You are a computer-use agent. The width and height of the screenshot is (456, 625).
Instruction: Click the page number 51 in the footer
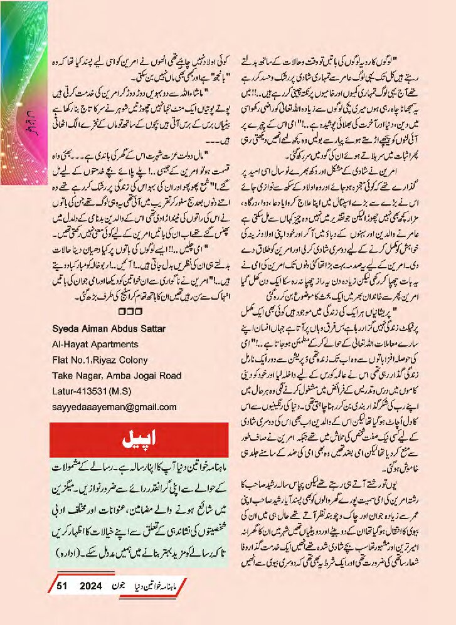61,586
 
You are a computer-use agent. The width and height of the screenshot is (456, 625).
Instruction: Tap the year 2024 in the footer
92,586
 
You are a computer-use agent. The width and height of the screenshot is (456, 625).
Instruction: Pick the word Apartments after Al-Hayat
110,345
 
